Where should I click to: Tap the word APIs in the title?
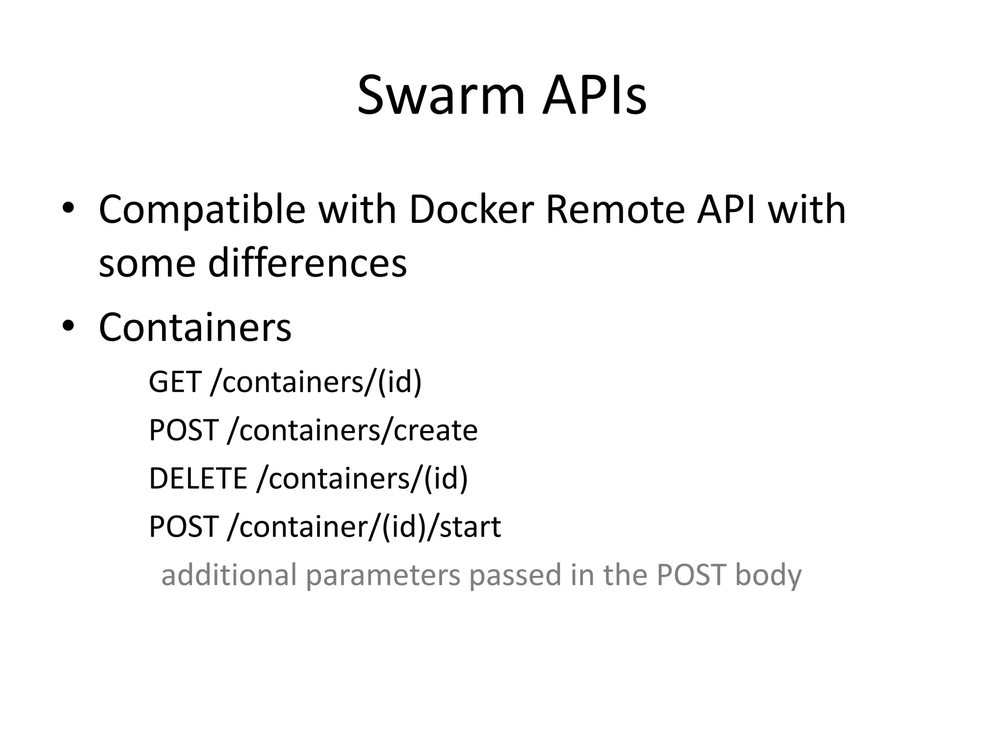(594, 96)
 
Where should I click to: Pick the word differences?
(307, 263)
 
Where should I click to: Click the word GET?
(175, 381)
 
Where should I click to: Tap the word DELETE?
(198, 478)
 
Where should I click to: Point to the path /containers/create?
(352, 431)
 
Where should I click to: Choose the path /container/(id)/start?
(364, 527)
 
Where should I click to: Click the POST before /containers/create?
(184, 431)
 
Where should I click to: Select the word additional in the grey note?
(229, 574)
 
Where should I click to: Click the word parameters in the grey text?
(383, 575)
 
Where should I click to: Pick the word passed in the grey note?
(515, 575)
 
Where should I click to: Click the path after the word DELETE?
(362, 478)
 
